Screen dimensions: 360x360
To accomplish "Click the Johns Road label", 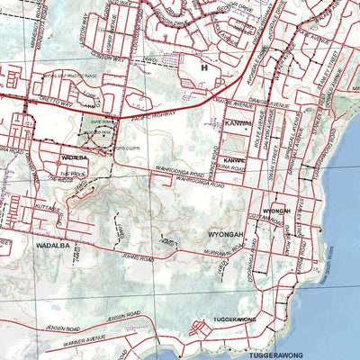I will (x=139, y=259).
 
